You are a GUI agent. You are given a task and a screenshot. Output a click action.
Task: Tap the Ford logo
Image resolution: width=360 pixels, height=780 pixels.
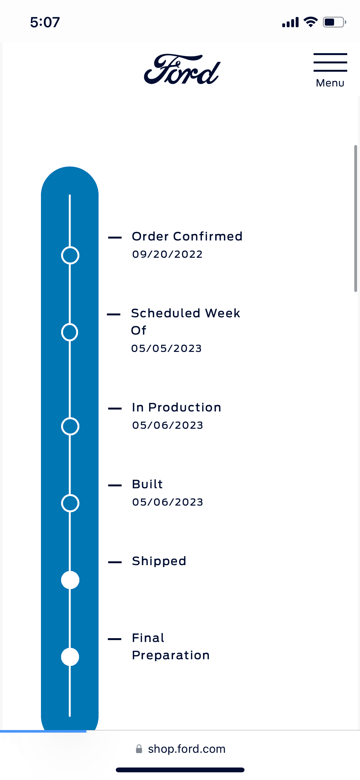pos(182,69)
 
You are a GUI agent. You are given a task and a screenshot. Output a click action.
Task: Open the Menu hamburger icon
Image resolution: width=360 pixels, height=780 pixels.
pos(330,62)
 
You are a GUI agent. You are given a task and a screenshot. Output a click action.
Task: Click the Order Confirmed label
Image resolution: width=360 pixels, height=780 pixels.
pos(187,236)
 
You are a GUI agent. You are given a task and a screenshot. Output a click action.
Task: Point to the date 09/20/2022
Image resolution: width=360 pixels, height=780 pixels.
pos(167,254)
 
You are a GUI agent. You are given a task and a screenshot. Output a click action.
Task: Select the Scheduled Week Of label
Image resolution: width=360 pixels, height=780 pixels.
pos(186,321)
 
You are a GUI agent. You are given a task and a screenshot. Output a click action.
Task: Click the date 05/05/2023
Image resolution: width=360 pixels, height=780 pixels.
pos(166,348)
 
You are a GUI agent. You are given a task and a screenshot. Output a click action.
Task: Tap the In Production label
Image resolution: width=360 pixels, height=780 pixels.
pos(177,407)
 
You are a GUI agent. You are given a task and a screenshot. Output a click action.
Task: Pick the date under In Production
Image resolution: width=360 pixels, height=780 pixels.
pos(168,425)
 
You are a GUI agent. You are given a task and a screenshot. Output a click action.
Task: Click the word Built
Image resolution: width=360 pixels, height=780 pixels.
pos(148,484)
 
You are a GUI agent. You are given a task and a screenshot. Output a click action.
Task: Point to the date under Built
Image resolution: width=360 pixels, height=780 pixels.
pos(168,502)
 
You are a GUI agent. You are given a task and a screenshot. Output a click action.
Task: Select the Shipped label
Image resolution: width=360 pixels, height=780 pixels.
pos(159,561)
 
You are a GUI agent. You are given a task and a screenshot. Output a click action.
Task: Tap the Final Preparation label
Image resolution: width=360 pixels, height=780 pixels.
pos(171,646)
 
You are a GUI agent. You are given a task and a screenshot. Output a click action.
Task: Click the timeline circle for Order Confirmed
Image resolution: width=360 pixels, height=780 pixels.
pos(70,247)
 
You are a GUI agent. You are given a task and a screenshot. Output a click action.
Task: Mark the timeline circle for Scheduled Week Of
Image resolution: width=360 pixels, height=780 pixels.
pos(70,323)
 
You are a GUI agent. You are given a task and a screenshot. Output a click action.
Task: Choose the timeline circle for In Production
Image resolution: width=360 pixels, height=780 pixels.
pos(70,418)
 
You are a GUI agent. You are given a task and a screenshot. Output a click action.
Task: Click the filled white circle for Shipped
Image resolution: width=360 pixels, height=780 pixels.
pos(70,580)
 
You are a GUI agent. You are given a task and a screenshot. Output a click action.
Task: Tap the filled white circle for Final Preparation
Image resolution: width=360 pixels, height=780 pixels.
pos(70,657)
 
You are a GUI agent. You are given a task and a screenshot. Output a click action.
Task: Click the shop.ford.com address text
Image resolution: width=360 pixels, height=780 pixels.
pos(187,749)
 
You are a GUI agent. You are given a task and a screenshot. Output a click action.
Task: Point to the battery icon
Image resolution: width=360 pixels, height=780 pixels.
pos(334,22)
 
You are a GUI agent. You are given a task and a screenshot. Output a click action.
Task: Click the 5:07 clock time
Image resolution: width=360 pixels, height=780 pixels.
pos(45,22)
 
